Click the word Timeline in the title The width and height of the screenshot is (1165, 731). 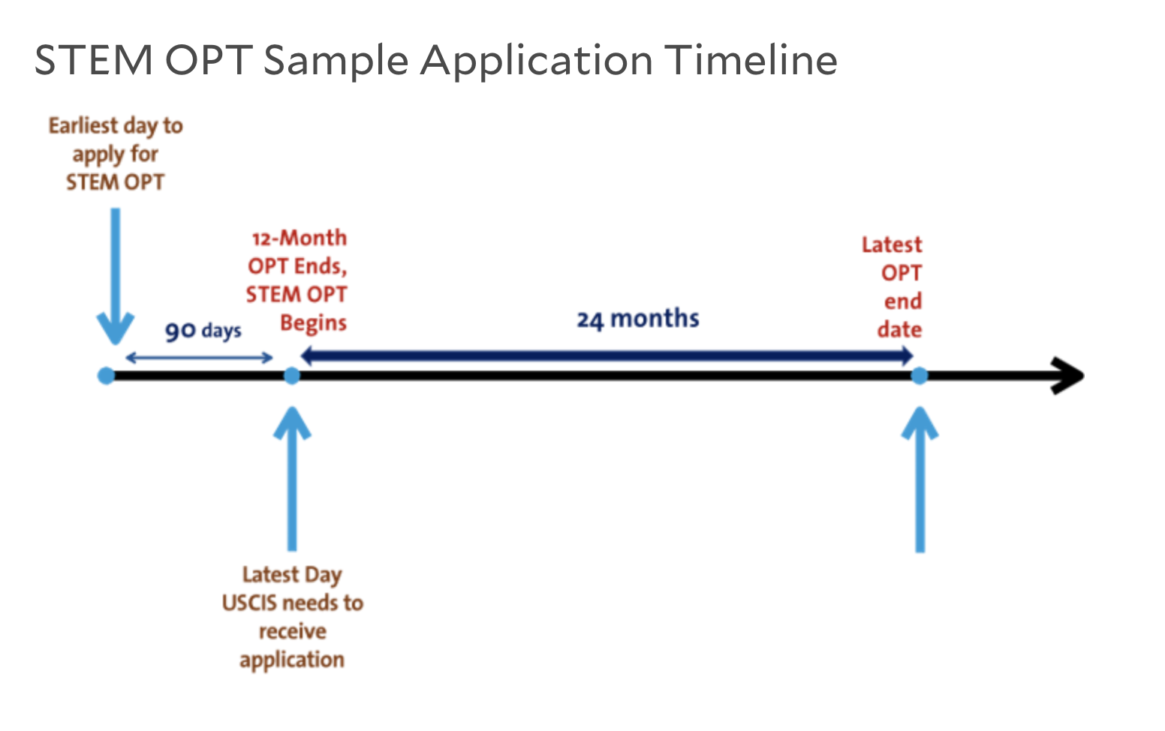pyautogui.click(x=751, y=60)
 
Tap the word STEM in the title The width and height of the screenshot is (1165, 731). pyautogui.click(x=94, y=60)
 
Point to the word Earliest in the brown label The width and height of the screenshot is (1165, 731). pyautogui.click(x=83, y=126)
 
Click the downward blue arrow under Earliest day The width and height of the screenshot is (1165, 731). pyautogui.click(x=116, y=276)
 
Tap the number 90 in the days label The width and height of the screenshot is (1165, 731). pyautogui.click(x=180, y=331)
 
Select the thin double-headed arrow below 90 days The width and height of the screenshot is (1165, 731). pyautogui.click(x=199, y=357)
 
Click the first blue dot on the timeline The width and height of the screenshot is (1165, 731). pyautogui.click(x=106, y=375)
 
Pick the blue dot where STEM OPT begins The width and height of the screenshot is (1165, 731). pyautogui.click(x=292, y=375)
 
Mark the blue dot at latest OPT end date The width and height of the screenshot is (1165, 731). pyautogui.click(x=920, y=375)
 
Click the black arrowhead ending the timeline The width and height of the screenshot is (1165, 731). pyautogui.click(x=1067, y=375)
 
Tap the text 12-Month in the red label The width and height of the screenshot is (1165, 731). pyautogui.click(x=299, y=238)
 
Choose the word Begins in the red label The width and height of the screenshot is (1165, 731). pyautogui.click(x=313, y=323)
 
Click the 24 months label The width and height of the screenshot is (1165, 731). pyautogui.click(x=638, y=319)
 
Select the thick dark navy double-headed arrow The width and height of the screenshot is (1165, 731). pyautogui.click(x=607, y=356)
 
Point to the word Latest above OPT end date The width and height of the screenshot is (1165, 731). pyautogui.click(x=892, y=245)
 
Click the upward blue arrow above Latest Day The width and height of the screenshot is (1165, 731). pyautogui.click(x=292, y=478)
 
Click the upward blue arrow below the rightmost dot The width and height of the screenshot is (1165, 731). pyautogui.click(x=920, y=479)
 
